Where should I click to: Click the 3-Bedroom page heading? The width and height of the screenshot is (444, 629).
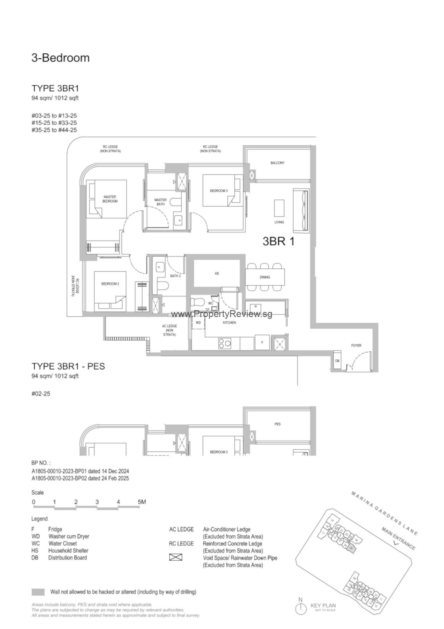point(60,58)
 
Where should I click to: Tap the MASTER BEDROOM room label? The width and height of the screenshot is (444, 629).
point(110,199)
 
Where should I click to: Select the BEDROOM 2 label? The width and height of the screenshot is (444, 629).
point(110,284)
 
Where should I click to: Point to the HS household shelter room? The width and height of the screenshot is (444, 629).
point(217,273)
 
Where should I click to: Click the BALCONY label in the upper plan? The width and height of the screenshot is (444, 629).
point(277,163)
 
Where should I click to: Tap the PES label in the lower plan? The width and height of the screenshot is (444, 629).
point(277,424)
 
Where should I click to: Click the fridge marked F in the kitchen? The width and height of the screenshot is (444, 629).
point(262,342)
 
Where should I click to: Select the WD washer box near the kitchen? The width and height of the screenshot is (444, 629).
point(198,323)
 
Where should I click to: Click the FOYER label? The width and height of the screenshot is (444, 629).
point(356,345)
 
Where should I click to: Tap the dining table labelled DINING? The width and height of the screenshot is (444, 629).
point(265,277)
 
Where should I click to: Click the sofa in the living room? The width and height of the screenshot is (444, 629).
point(301,211)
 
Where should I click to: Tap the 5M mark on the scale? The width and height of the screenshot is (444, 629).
point(141,502)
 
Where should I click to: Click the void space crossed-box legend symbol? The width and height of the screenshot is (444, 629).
point(176,557)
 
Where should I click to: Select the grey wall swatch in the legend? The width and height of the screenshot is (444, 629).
point(38,592)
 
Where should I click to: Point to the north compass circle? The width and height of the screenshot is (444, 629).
point(301,609)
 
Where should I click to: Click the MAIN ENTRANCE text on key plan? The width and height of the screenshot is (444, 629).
point(398,538)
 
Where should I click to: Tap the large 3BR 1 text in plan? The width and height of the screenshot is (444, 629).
point(279,241)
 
